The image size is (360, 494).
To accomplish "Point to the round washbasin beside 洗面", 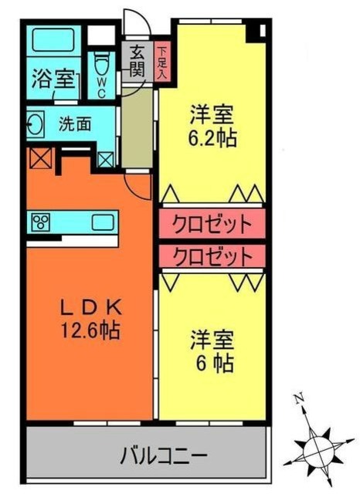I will (35, 123).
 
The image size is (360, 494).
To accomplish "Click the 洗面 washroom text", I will (75, 123).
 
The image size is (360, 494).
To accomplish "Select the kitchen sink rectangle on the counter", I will (104, 222).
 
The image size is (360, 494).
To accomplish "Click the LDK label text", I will (90, 306).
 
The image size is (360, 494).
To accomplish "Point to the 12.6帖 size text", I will (90, 332).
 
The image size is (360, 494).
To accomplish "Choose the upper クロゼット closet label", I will (212, 225).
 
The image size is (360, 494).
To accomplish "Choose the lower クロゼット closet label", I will (212, 255).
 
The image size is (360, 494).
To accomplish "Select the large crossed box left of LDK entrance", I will (38, 159).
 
